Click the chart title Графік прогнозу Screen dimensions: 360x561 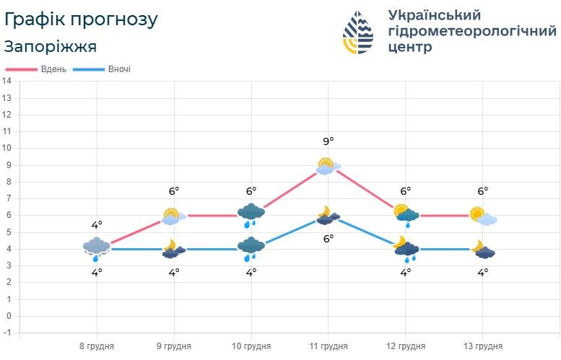79,19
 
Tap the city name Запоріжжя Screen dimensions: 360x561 51,47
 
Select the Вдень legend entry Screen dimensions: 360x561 37,69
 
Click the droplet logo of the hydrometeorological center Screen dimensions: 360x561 358,33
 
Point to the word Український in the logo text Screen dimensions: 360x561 434,15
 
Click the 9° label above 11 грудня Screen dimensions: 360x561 329,141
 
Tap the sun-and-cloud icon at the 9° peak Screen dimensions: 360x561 328,166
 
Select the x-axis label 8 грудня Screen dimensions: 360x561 97,346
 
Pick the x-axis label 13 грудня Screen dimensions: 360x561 482,346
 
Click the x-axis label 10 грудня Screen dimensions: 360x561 251,346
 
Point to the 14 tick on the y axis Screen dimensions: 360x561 7,81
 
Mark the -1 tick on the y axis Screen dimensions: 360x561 7,333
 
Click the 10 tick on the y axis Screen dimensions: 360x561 7,148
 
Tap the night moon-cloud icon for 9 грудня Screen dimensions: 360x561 173,249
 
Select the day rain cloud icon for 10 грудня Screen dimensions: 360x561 251,214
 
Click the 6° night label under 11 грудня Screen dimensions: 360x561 329,238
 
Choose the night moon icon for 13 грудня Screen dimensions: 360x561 483,250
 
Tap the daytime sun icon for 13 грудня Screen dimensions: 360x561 482,215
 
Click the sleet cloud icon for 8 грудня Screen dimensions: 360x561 96,249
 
